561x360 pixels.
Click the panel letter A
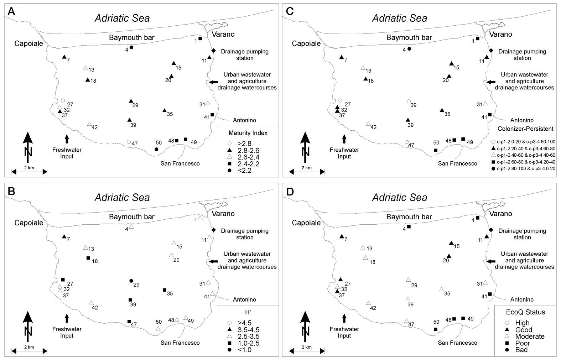tap(11, 11)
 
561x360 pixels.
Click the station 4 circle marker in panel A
tap(131, 47)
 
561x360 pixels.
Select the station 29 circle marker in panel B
tap(131, 281)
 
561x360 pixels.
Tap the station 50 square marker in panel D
tap(436, 329)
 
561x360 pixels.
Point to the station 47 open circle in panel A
tap(129, 142)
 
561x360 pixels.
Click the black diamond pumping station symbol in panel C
tap(491, 51)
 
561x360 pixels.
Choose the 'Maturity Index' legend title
tap(248, 133)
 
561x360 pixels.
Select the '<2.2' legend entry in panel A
tap(239, 171)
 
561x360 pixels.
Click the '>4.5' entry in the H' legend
tap(239, 323)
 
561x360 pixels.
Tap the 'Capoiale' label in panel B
tap(29, 223)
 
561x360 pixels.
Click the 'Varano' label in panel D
tap(501, 214)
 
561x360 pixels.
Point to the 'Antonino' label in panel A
tap(244, 120)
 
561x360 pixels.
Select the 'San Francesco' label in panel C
tap(458, 163)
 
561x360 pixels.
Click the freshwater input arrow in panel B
tap(67, 318)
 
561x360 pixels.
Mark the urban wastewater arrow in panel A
tap(213, 82)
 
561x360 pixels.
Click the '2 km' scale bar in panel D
tap(307, 351)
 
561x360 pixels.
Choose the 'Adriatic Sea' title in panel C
tap(400, 18)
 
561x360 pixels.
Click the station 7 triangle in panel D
tap(342, 236)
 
